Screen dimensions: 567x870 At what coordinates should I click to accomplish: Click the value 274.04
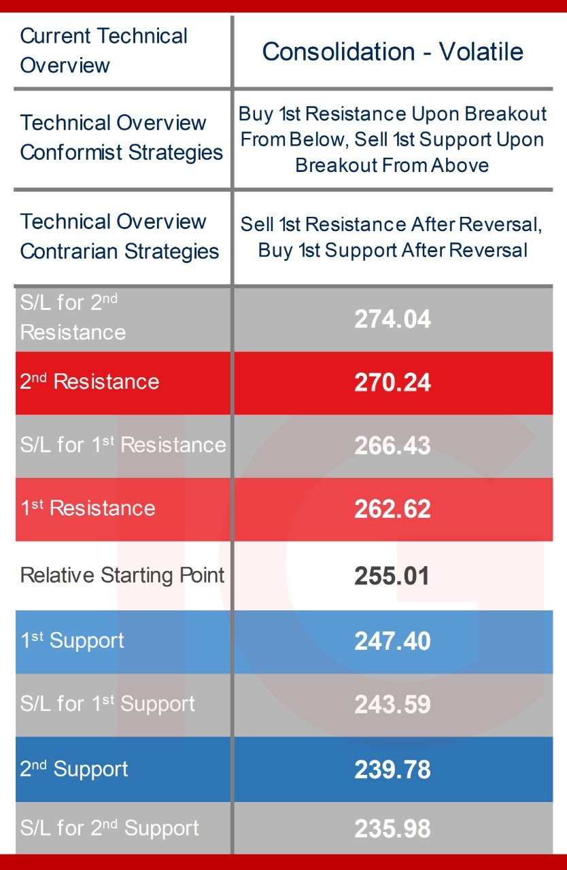(x=392, y=319)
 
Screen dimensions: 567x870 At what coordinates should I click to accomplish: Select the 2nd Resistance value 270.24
(x=392, y=383)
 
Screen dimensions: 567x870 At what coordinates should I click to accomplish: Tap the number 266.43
(x=392, y=445)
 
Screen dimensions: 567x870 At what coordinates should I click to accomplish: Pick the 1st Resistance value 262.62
(x=392, y=509)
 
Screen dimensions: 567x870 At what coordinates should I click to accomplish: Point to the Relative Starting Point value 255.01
(x=392, y=576)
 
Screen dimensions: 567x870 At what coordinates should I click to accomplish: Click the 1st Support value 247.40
(x=392, y=641)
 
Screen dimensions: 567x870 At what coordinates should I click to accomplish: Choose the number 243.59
(x=392, y=704)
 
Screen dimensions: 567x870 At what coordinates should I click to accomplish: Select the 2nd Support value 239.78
(x=392, y=769)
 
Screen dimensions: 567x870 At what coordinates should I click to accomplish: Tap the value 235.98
(x=392, y=829)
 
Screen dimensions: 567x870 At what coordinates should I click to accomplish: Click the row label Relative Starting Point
(x=122, y=575)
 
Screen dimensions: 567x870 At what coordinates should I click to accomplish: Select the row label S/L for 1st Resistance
(x=123, y=445)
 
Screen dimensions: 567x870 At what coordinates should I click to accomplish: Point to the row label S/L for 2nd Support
(x=109, y=828)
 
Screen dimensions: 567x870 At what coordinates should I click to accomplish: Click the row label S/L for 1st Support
(x=107, y=703)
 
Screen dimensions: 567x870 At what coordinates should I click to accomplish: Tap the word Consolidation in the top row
(x=339, y=52)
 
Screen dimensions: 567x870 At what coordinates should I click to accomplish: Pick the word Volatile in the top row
(x=481, y=52)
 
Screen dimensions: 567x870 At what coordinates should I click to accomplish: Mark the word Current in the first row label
(x=56, y=36)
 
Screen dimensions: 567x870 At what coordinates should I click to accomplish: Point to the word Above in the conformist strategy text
(x=460, y=165)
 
